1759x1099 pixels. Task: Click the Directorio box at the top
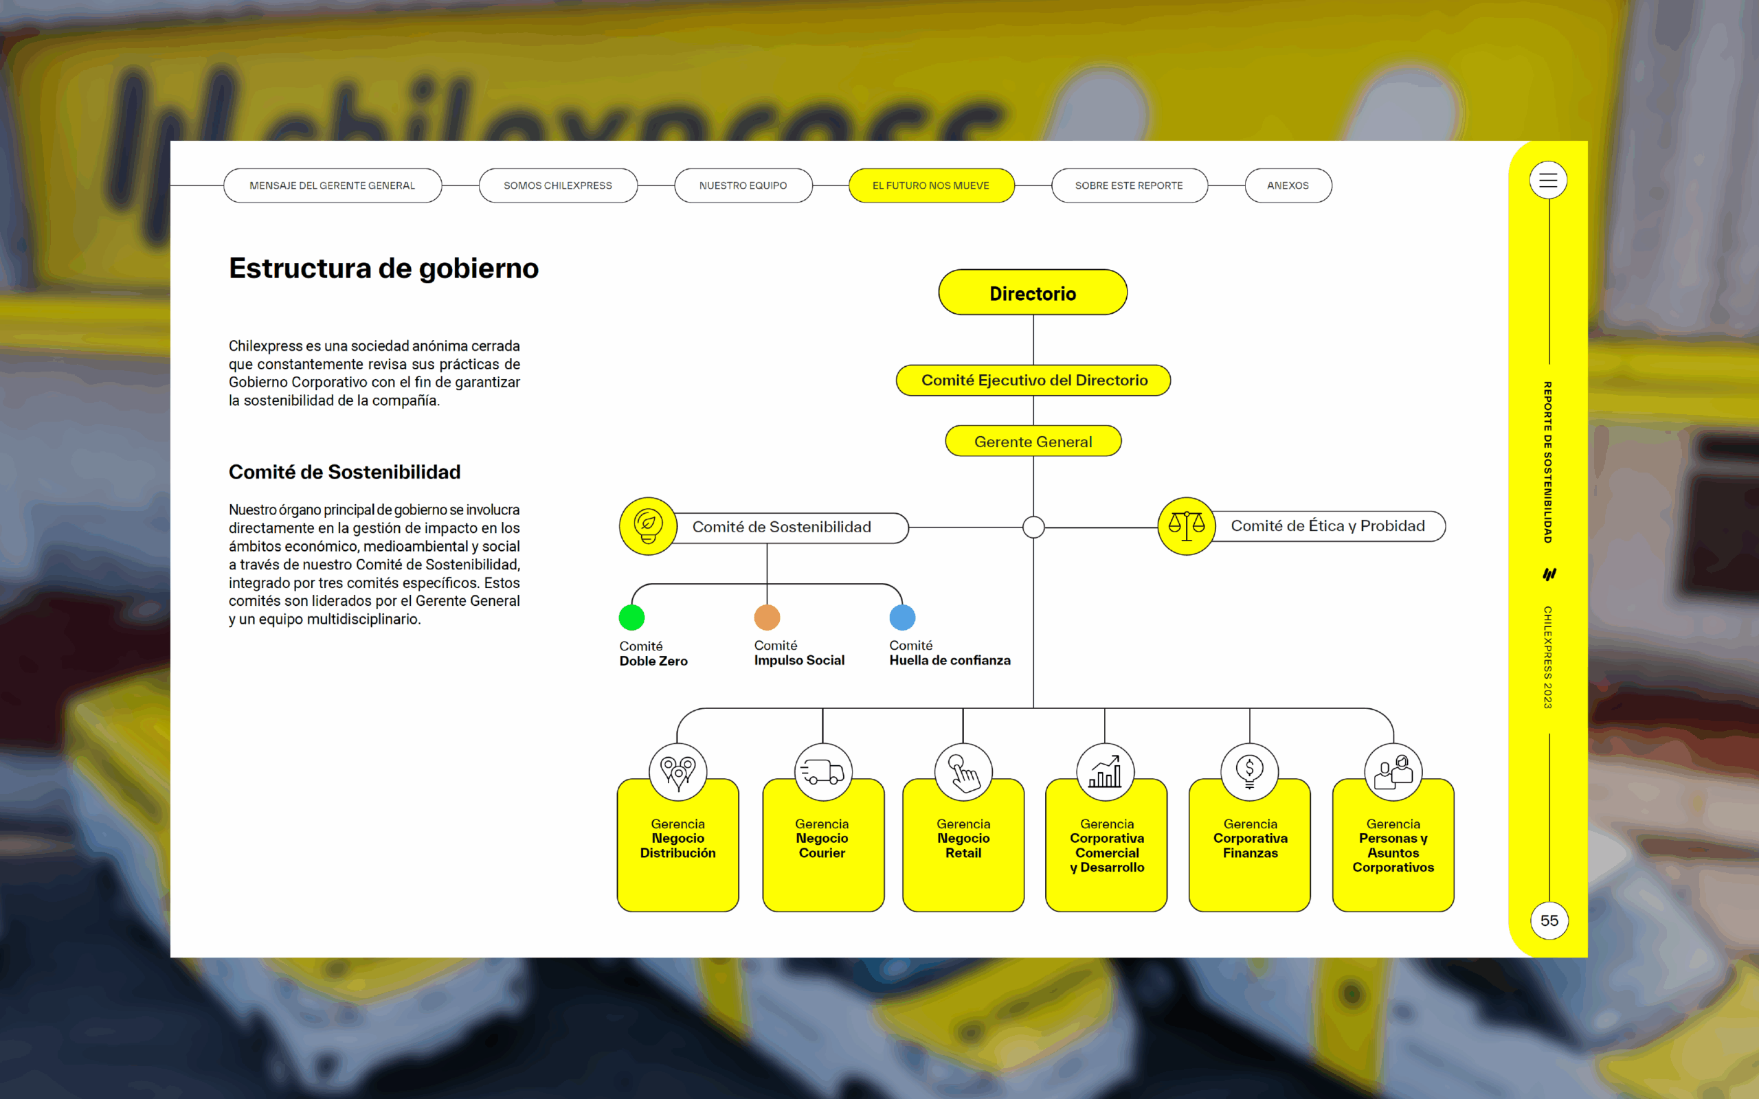pos(1032,292)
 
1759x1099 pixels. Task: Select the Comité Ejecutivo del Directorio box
pos(1033,380)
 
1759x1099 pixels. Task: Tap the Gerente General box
pos(1033,441)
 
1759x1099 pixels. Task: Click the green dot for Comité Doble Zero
pos(631,617)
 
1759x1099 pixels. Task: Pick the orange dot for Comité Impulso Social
pos(767,617)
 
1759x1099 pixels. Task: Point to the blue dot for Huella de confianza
pos(902,617)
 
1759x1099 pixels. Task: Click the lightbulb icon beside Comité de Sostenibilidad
pos(648,526)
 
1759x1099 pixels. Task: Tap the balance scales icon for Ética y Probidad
pos(1186,526)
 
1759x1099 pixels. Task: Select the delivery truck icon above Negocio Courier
pos(822,772)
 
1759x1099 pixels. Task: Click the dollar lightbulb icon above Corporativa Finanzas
pos(1249,772)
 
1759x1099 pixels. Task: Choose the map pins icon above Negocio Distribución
pos(677,772)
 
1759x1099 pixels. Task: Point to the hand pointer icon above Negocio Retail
pos(964,772)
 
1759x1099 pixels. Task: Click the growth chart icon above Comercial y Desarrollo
pos(1106,772)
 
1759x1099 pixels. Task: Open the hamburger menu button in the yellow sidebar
pos(1548,180)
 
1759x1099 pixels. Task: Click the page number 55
pos(1549,920)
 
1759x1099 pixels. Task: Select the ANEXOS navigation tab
pos(1288,185)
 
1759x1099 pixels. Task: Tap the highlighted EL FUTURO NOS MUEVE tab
pos(931,185)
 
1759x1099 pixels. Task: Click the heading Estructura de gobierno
pos(384,268)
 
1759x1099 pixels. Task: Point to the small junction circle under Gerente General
pos(1033,527)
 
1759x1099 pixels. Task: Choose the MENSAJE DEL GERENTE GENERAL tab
pos(332,185)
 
